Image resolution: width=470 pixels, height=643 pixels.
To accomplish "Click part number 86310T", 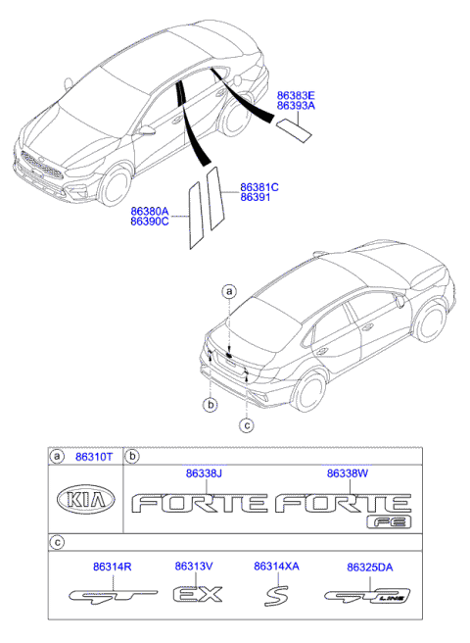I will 96,457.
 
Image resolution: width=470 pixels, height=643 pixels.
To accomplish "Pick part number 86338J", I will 206,473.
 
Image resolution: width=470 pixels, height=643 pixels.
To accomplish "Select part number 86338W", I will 347,473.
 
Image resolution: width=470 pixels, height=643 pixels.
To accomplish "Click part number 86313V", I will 194,567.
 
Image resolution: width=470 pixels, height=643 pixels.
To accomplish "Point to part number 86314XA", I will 276,567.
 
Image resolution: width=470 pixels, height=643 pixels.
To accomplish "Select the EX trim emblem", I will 198,594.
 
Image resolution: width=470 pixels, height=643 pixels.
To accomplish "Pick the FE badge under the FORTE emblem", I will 389,522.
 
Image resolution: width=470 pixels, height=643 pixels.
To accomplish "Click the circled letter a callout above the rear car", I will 229,291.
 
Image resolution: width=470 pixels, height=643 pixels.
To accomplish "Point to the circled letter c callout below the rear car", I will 247,424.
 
